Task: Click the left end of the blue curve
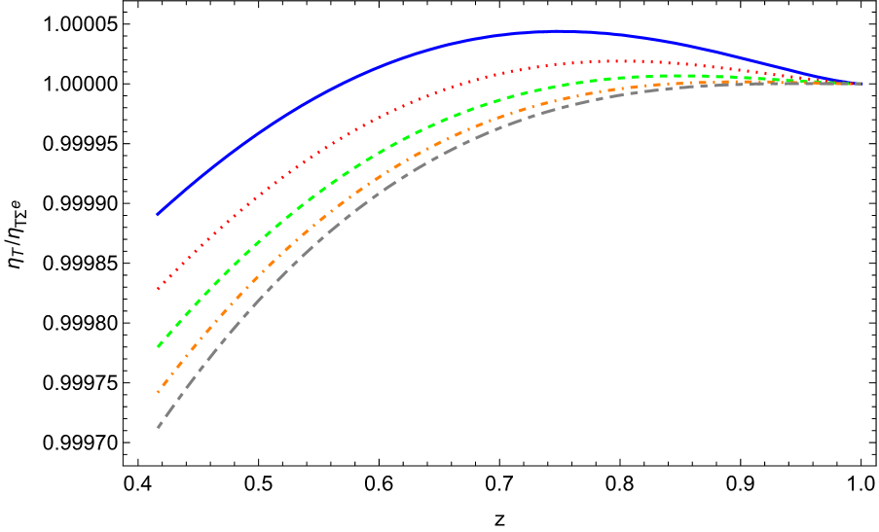(x=158, y=214)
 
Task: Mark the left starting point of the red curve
(x=158, y=289)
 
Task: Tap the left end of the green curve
(x=158, y=346)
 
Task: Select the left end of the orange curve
(x=158, y=392)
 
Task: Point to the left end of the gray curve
(x=158, y=427)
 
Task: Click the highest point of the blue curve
(x=559, y=31)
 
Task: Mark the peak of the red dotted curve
(x=608, y=61)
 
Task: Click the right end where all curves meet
(x=861, y=84)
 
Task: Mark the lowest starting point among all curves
(x=158, y=427)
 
